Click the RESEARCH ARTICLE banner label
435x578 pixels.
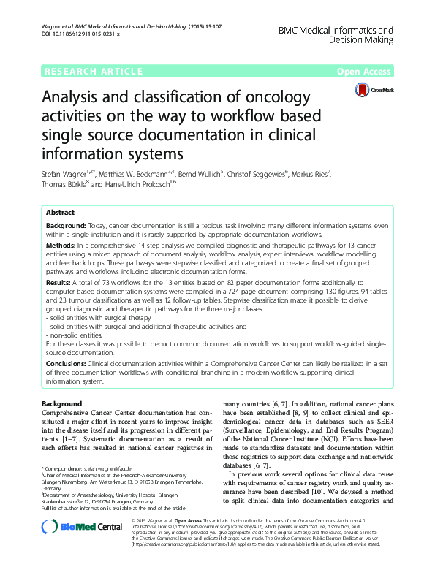point(93,71)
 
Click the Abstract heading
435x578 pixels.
point(60,212)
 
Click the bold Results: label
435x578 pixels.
point(60,282)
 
